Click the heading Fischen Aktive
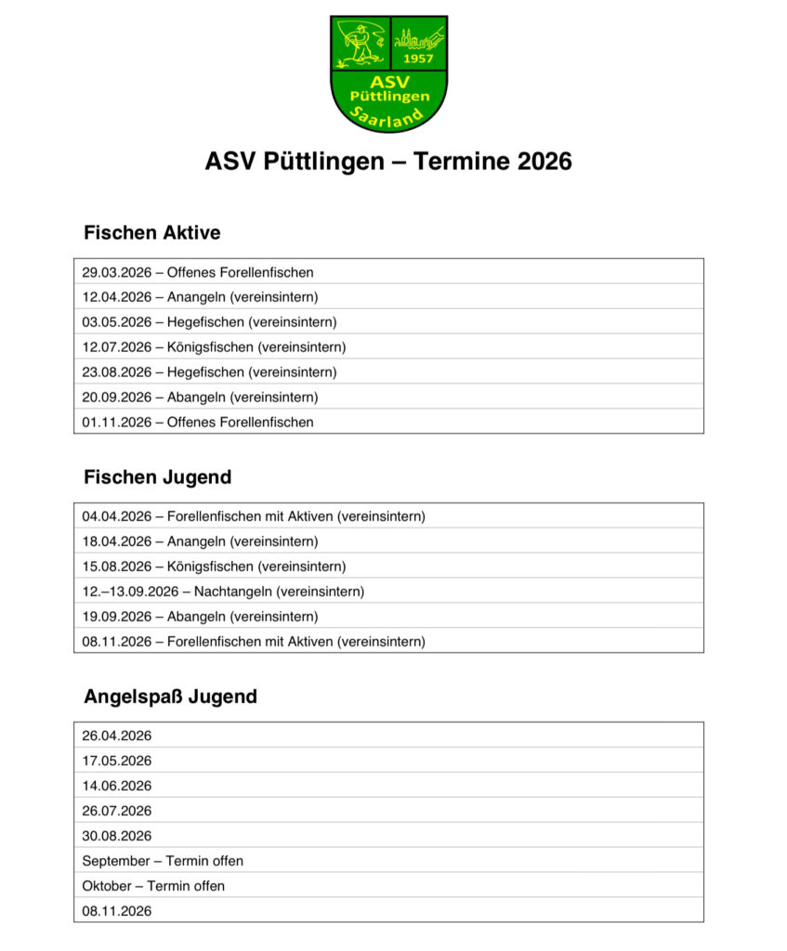click(x=152, y=232)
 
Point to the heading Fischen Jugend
click(x=157, y=477)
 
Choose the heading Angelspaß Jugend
click(x=170, y=697)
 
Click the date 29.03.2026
click(x=116, y=272)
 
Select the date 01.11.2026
click(x=116, y=422)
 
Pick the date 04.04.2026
click(x=116, y=516)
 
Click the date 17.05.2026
click(x=116, y=761)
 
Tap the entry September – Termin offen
click(x=163, y=861)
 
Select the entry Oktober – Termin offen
click(x=153, y=886)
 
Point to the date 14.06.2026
click(x=116, y=786)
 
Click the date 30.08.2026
click(x=116, y=836)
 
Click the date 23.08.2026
click(x=116, y=372)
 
